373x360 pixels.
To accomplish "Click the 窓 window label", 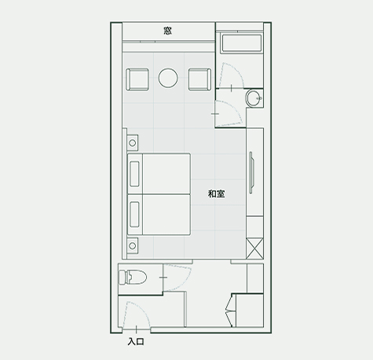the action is click(168, 31).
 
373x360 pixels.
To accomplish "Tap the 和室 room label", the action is click(217, 194).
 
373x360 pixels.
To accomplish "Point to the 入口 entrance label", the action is click(136, 342).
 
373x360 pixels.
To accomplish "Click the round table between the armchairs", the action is click(168, 78).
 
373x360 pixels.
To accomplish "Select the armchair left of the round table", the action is click(137, 79).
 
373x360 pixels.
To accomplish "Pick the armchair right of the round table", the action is click(199, 79).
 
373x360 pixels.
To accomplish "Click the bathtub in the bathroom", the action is click(241, 43).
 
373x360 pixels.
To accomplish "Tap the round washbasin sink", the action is click(254, 98).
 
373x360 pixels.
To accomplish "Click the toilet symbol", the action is click(133, 277).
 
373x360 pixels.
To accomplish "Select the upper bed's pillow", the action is click(134, 174).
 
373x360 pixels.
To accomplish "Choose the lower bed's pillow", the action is click(134, 215).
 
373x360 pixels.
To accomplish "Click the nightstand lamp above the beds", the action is click(133, 143).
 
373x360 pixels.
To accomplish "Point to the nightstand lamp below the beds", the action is click(133, 246).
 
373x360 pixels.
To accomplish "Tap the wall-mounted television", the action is click(251, 173).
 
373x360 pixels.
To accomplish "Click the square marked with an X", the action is click(254, 248).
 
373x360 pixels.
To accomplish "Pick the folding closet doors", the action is click(229, 310).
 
